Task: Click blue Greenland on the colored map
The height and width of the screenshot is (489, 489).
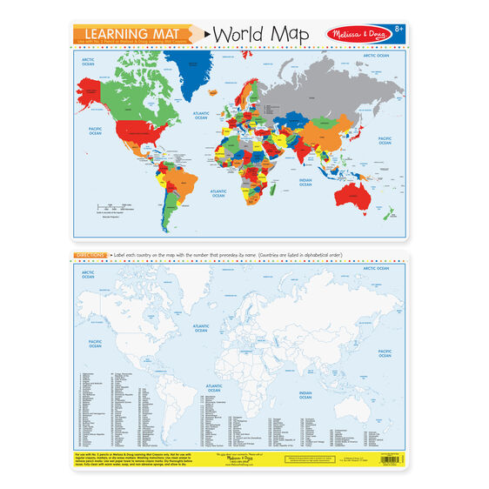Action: tap(199, 64)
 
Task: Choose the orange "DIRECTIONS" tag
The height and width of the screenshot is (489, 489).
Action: tap(90, 255)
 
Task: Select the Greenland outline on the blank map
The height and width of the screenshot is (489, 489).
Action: tap(200, 278)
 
